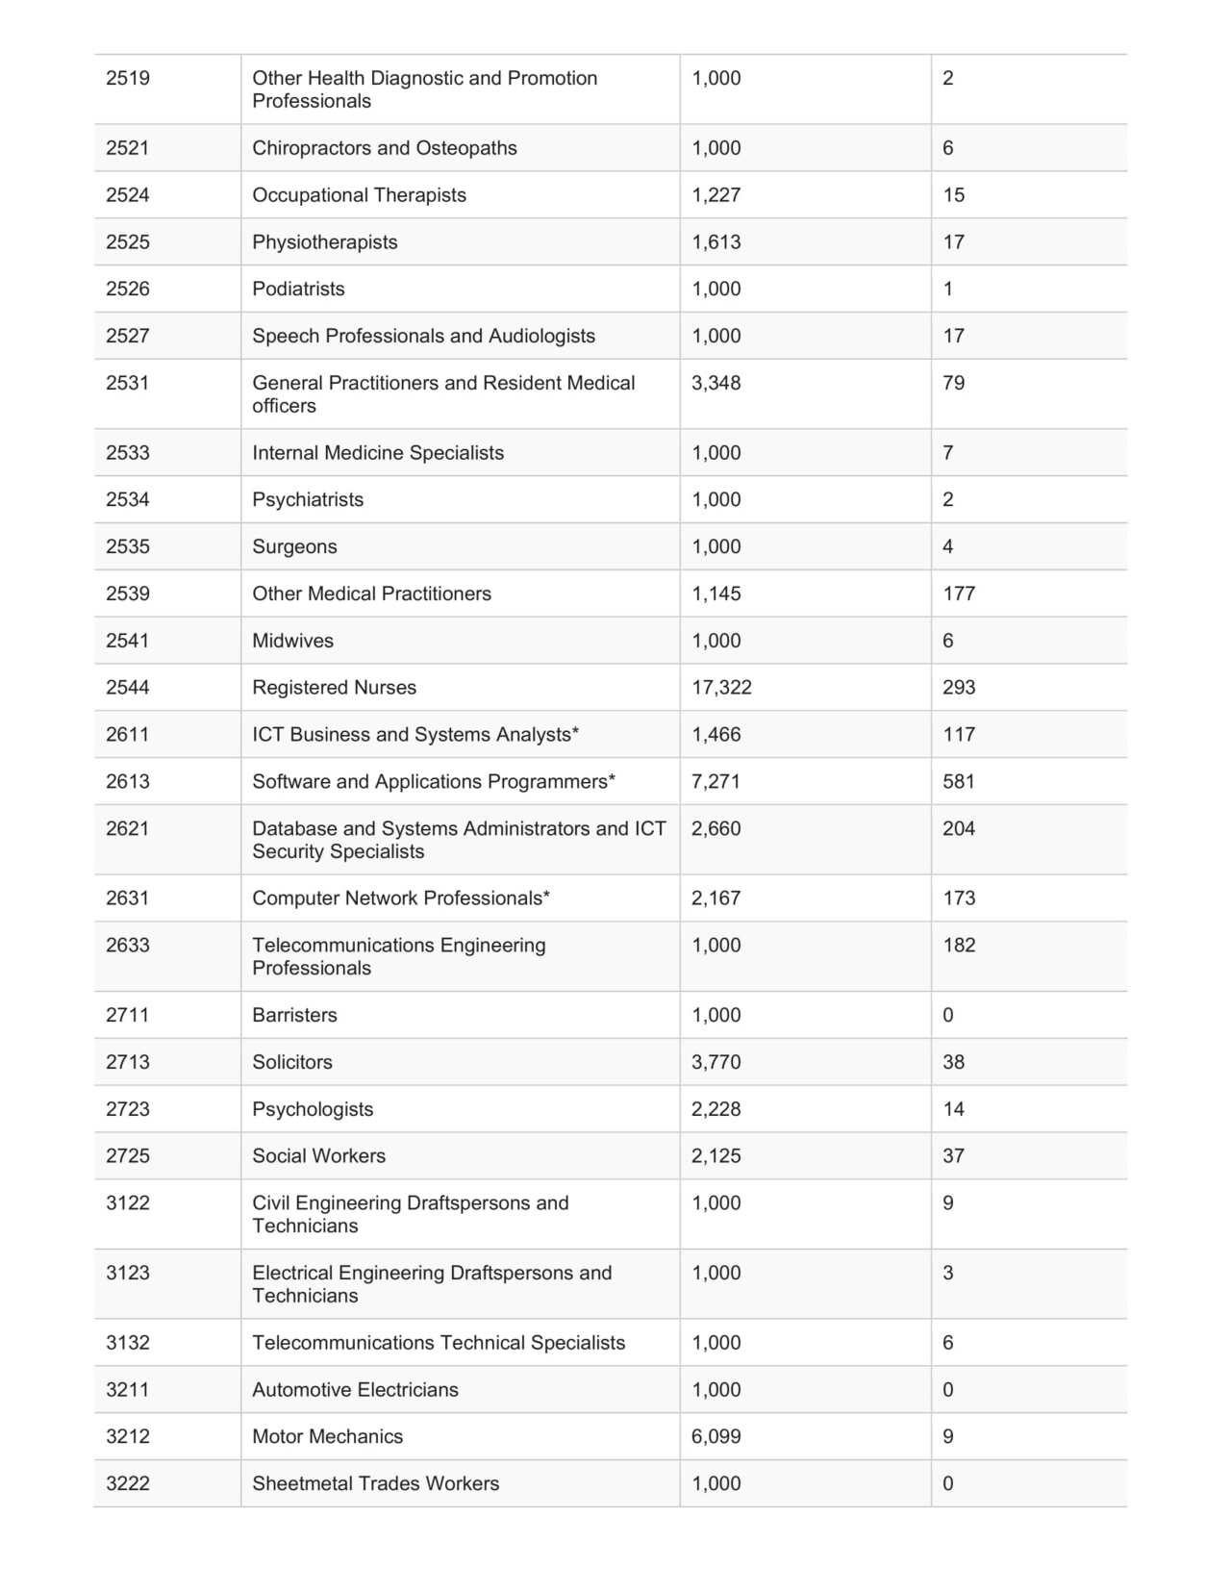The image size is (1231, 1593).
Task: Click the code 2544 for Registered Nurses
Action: [x=127, y=688]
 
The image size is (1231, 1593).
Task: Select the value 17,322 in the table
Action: [x=721, y=688]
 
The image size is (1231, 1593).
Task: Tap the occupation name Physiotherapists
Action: [x=324, y=242]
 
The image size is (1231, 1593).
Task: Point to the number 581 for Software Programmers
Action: [x=958, y=782]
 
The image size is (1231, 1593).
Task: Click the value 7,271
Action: [x=716, y=782]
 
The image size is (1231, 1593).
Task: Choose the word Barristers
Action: [x=294, y=1016]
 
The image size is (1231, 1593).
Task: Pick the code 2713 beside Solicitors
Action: [x=127, y=1063]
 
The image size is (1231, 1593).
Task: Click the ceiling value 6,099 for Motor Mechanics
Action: [x=716, y=1437]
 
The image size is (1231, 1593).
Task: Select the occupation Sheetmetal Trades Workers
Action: [x=375, y=1484]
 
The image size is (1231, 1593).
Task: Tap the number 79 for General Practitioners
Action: [x=953, y=384]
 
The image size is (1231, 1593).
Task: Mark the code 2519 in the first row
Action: [x=127, y=79]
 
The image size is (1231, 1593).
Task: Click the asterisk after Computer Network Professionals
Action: [x=546, y=896]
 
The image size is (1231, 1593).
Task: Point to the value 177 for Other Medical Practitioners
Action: [x=958, y=594]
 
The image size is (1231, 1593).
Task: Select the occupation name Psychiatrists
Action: [x=308, y=500]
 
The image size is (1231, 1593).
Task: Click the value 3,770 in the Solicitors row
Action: [x=716, y=1063]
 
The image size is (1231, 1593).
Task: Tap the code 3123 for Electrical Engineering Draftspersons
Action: [x=127, y=1274]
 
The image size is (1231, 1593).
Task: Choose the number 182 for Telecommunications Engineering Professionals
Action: [x=958, y=946]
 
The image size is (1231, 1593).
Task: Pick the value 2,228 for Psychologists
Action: [x=716, y=1110]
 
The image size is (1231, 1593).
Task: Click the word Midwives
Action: [x=292, y=642]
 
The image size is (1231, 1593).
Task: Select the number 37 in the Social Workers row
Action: [x=953, y=1156]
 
